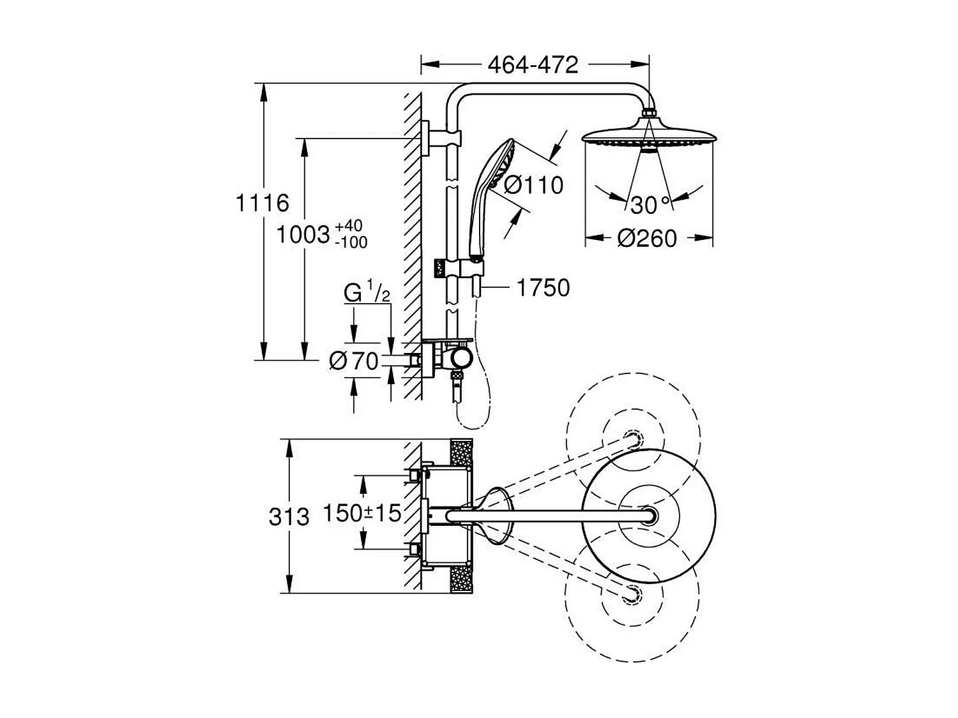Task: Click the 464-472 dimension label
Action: tap(533, 64)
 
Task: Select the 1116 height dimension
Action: tap(262, 203)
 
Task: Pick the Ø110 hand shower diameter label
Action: tap(533, 185)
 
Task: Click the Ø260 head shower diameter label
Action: tap(646, 238)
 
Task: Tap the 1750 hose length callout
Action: tap(542, 288)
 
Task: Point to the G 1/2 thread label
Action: tap(367, 293)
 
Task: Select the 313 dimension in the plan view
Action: tap(289, 516)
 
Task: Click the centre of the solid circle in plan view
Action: tap(649, 515)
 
